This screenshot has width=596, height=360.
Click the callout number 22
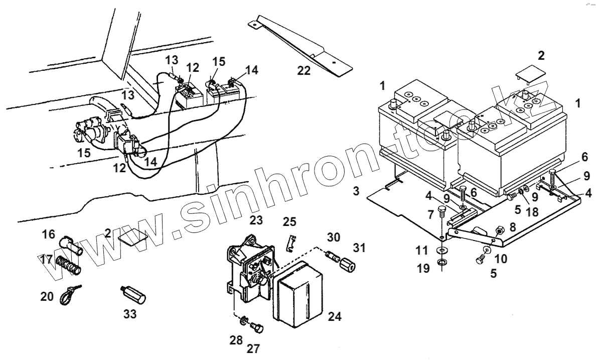tap(304, 71)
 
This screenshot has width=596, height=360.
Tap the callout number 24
tap(334, 316)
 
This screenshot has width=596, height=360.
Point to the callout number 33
tap(130, 315)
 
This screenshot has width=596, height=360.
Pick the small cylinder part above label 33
tap(133, 294)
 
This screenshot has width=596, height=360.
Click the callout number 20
tap(47, 297)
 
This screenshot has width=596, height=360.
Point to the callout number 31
tap(359, 248)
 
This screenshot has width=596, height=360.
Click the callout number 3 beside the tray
tap(356, 192)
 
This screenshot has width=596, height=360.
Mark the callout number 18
tap(532, 212)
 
